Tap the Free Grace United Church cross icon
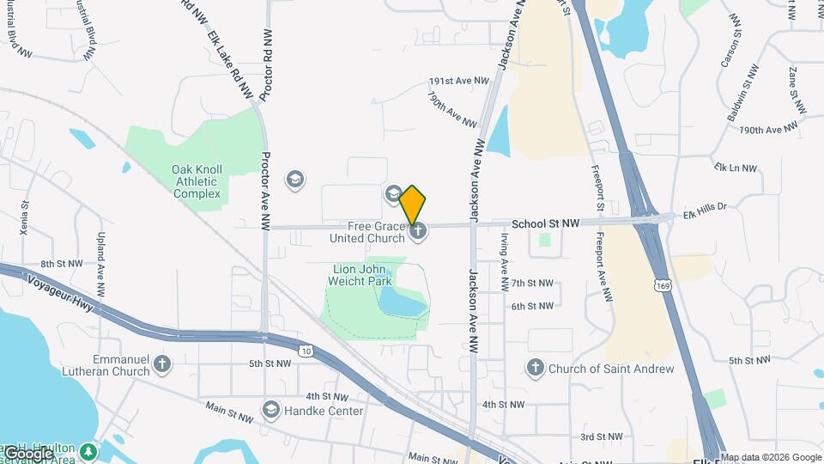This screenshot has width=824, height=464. (x=418, y=230)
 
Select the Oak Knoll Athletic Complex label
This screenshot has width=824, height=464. (x=197, y=181)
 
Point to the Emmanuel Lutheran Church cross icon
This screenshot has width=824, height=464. (x=163, y=365)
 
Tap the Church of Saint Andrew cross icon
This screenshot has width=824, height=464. (x=535, y=369)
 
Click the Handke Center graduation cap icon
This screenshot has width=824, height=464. (x=271, y=408)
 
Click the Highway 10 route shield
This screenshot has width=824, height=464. (x=306, y=351)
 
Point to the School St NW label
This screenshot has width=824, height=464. (x=545, y=223)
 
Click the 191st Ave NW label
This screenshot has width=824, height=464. (x=458, y=81)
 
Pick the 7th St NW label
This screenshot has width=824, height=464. (x=532, y=283)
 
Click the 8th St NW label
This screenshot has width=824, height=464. (x=62, y=264)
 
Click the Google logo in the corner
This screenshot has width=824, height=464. (x=27, y=454)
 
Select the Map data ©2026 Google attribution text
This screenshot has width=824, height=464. (x=771, y=457)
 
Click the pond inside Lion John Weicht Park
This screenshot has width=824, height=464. (x=400, y=301)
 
